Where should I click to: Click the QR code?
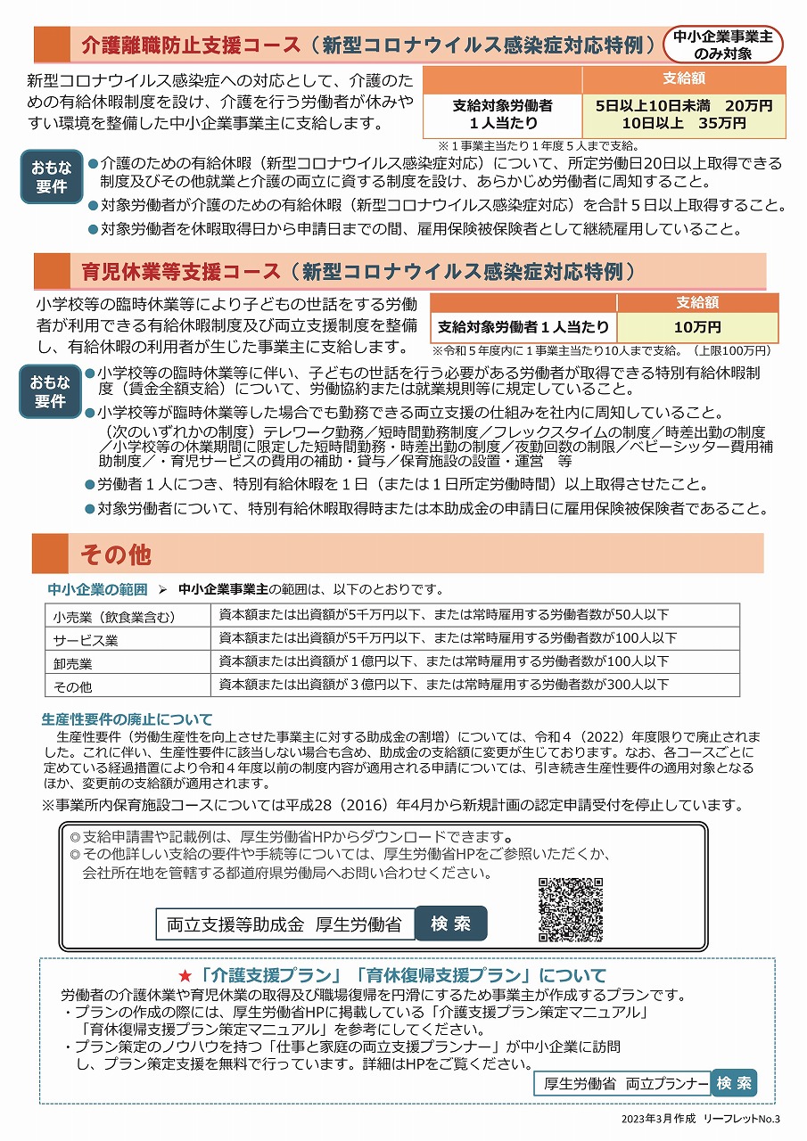571,910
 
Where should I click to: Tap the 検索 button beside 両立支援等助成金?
451,923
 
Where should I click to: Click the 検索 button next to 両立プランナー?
734,1083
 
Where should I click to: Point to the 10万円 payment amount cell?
697,327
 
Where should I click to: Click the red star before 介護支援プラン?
186,975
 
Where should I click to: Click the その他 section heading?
116,554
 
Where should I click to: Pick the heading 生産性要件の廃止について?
128,719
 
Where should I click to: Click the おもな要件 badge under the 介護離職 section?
52,176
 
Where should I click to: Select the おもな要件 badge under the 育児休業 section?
51,391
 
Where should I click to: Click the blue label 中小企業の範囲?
97,589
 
